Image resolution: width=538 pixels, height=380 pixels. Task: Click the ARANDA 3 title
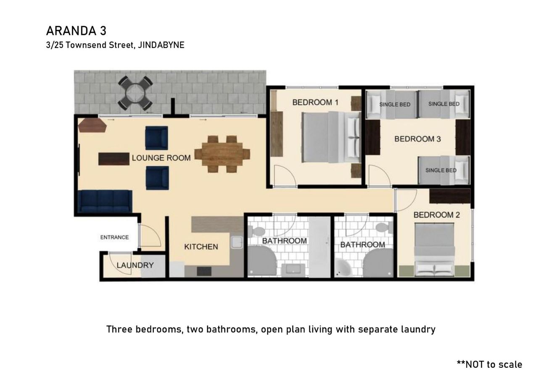click(x=76, y=31)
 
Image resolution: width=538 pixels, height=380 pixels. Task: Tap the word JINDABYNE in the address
click(x=161, y=45)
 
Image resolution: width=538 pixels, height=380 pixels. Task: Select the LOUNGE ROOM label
click(x=161, y=158)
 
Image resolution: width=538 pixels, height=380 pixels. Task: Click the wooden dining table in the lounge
click(x=222, y=154)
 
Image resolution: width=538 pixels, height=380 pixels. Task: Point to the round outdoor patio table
click(x=135, y=93)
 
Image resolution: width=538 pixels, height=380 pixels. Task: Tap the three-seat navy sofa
click(x=105, y=201)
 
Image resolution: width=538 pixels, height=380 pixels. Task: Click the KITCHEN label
click(x=201, y=246)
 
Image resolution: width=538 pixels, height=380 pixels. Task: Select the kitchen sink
click(x=237, y=242)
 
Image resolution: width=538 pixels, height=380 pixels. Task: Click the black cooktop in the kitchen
click(x=204, y=271)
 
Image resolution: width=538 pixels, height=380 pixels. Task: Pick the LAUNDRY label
click(x=135, y=265)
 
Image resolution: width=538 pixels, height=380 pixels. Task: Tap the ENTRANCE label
click(x=114, y=237)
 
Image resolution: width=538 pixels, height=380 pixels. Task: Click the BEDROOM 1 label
click(x=315, y=102)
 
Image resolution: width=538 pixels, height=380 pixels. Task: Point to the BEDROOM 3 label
click(x=417, y=139)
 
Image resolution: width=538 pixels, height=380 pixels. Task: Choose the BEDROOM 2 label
click(x=436, y=215)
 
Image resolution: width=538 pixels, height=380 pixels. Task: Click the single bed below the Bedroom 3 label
click(x=443, y=170)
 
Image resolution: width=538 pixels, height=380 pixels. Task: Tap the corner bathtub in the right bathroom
click(x=343, y=268)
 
